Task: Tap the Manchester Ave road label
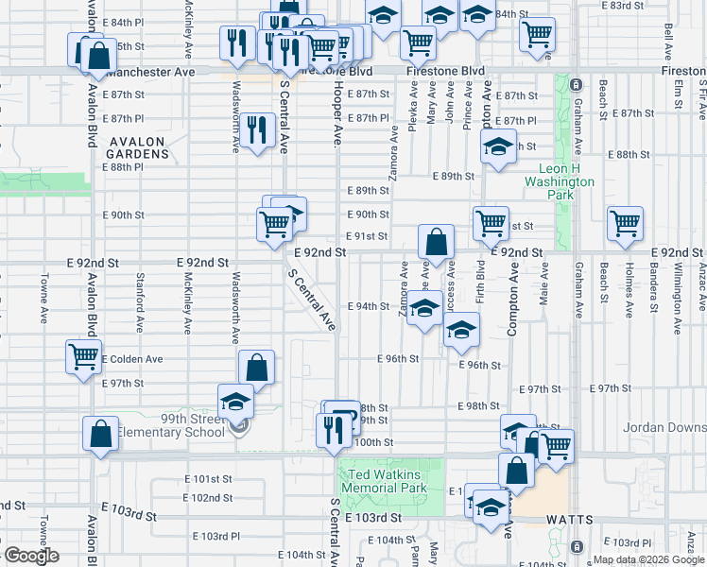[150, 72]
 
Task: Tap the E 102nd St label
[207, 498]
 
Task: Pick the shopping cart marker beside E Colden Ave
[83, 357]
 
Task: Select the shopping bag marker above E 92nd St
[436, 241]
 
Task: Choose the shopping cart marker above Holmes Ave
[625, 223]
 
